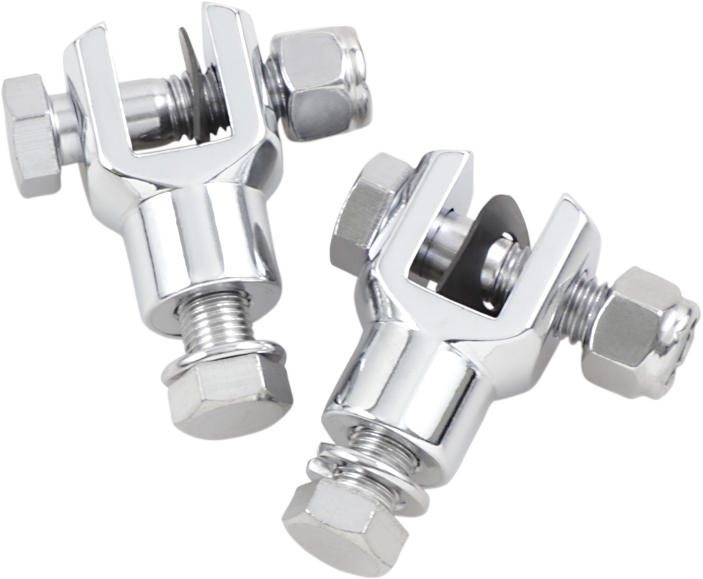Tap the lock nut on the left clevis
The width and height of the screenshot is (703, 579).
pos(313,82)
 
